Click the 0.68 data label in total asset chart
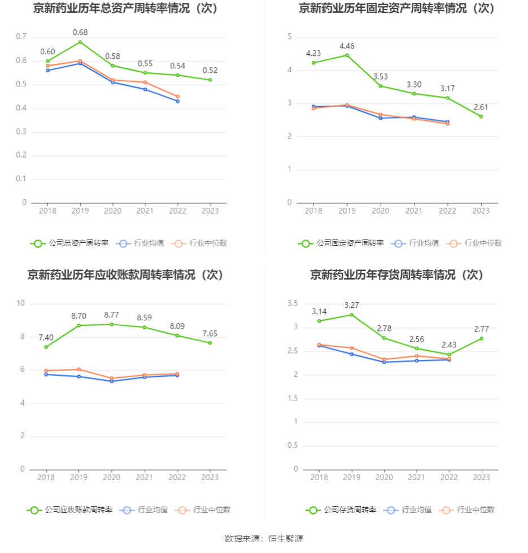80,32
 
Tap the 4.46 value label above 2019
347,46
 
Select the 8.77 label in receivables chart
112,315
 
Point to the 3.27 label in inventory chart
352,305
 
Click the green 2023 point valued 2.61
481,116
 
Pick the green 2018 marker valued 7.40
46,347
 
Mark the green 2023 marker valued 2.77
482,338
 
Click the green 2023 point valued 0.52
210,80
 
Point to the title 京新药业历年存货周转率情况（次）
397,275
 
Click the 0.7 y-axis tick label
21,37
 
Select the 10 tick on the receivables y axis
21,303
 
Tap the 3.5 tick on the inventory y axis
293,303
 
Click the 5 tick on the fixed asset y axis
289,37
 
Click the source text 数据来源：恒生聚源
264,538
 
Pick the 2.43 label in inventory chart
449,345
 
